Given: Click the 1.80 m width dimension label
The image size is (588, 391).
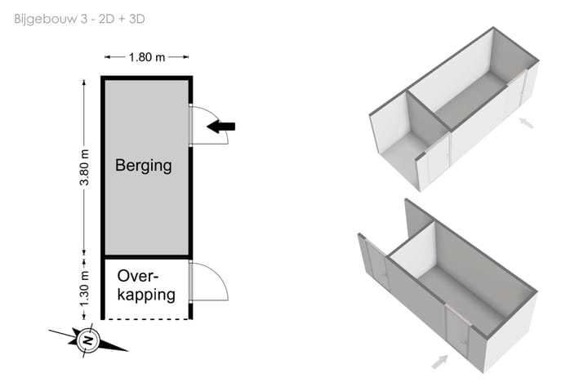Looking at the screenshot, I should tap(146, 57).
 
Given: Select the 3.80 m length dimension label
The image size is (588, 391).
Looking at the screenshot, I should tap(85, 167).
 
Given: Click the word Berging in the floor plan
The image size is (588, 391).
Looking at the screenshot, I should tap(144, 166).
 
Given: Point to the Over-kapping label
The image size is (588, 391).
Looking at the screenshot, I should tap(146, 285).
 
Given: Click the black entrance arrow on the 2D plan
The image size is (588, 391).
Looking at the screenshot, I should tap(220, 127).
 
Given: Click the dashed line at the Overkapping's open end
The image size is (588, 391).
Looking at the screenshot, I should tap(146, 318).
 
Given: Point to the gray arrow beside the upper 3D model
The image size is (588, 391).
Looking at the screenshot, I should tap(527, 123).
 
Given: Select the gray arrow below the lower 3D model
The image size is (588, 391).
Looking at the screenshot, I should tap(439, 361).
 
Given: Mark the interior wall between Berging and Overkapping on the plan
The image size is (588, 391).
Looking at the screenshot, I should tap(146, 257).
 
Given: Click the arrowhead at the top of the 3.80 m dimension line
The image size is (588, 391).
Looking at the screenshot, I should tap(85, 81).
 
